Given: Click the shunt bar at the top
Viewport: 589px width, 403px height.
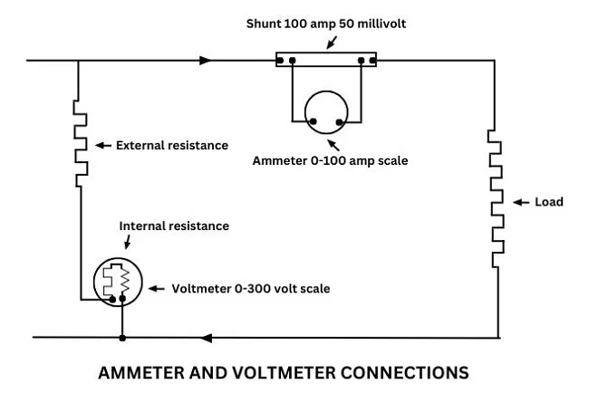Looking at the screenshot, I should point(326,61).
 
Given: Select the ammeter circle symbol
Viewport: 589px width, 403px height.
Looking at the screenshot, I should point(327,112).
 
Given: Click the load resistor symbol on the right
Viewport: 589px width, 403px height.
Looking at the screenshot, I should point(496,192).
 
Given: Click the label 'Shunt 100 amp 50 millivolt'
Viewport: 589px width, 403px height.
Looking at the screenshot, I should point(325,23).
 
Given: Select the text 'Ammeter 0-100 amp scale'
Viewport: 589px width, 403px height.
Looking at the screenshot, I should point(330,161).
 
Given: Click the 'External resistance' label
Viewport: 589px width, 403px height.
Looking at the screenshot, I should point(172,145).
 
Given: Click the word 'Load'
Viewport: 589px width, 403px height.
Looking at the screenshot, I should point(549,202).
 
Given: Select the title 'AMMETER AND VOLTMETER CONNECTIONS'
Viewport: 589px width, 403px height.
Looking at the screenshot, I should point(283,372).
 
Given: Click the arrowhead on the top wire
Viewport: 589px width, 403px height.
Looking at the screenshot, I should point(208,61).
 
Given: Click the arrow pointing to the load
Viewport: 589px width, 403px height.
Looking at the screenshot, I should point(520,202).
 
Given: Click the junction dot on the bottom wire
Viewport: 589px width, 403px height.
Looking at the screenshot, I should point(121,338).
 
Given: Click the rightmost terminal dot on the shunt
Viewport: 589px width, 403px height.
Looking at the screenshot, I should point(372,61).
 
